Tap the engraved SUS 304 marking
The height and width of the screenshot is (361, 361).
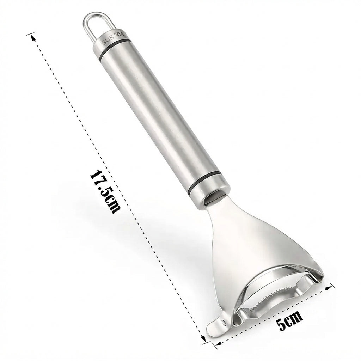(x=113, y=38)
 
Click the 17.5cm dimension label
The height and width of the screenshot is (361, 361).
(x=105, y=192)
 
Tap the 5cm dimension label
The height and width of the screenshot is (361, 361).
(x=290, y=320)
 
